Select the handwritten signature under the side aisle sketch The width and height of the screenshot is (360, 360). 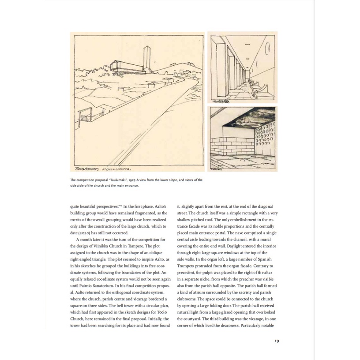tap(223, 101)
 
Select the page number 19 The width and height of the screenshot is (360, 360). tap(276, 340)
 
